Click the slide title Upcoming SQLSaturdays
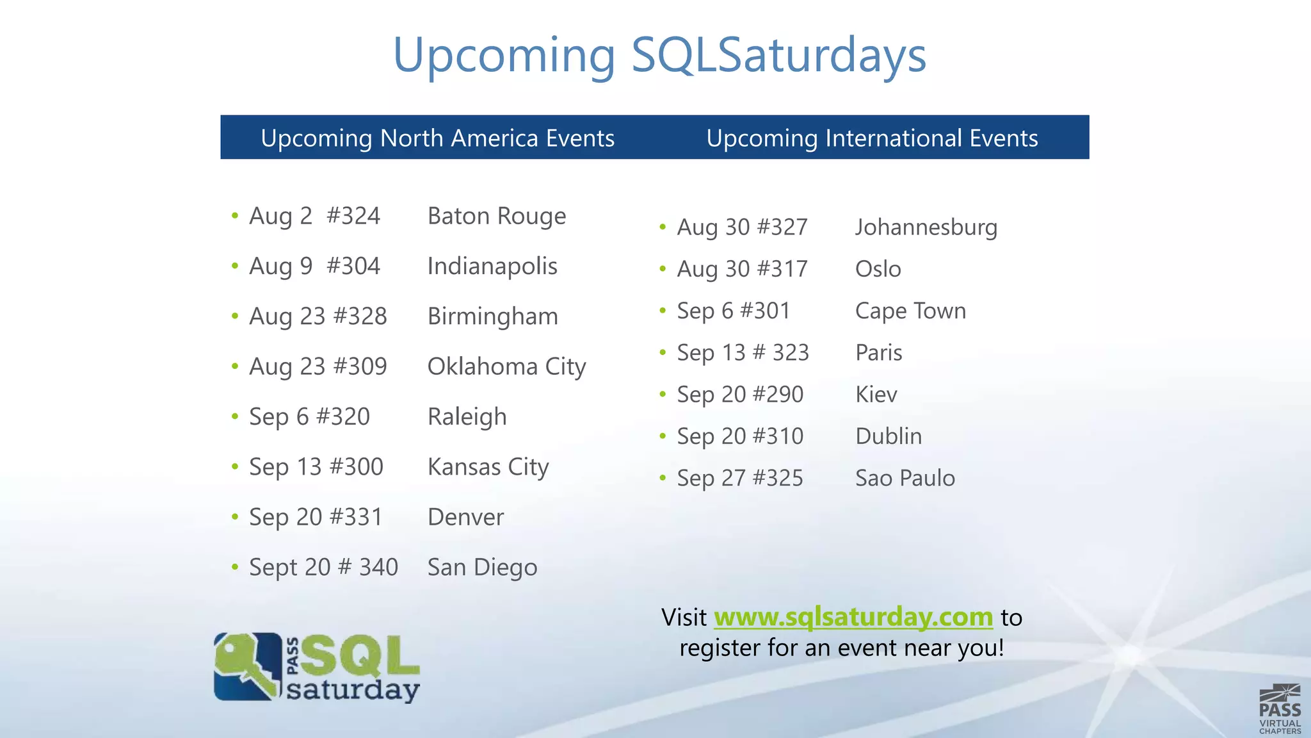(x=659, y=55)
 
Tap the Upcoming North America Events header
(x=437, y=138)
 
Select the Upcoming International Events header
(x=872, y=138)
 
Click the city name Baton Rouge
(x=497, y=217)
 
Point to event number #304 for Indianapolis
(x=353, y=266)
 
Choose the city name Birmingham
(x=493, y=316)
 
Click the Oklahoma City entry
(x=506, y=367)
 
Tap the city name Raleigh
(x=467, y=417)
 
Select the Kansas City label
(x=488, y=467)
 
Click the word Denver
(x=465, y=517)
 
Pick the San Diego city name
(x=482, y=568)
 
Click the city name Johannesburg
(x=926, y=227)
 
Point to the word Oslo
(x=878, y=269)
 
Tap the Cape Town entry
(x=910, y=311)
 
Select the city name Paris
(x=879, y=352)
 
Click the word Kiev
(x=876, y=395)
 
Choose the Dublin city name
(x=889, y=436)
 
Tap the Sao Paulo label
(x=905, y=478)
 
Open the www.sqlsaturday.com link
(x=853, y=617)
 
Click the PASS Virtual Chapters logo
(x=1280, y=709)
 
